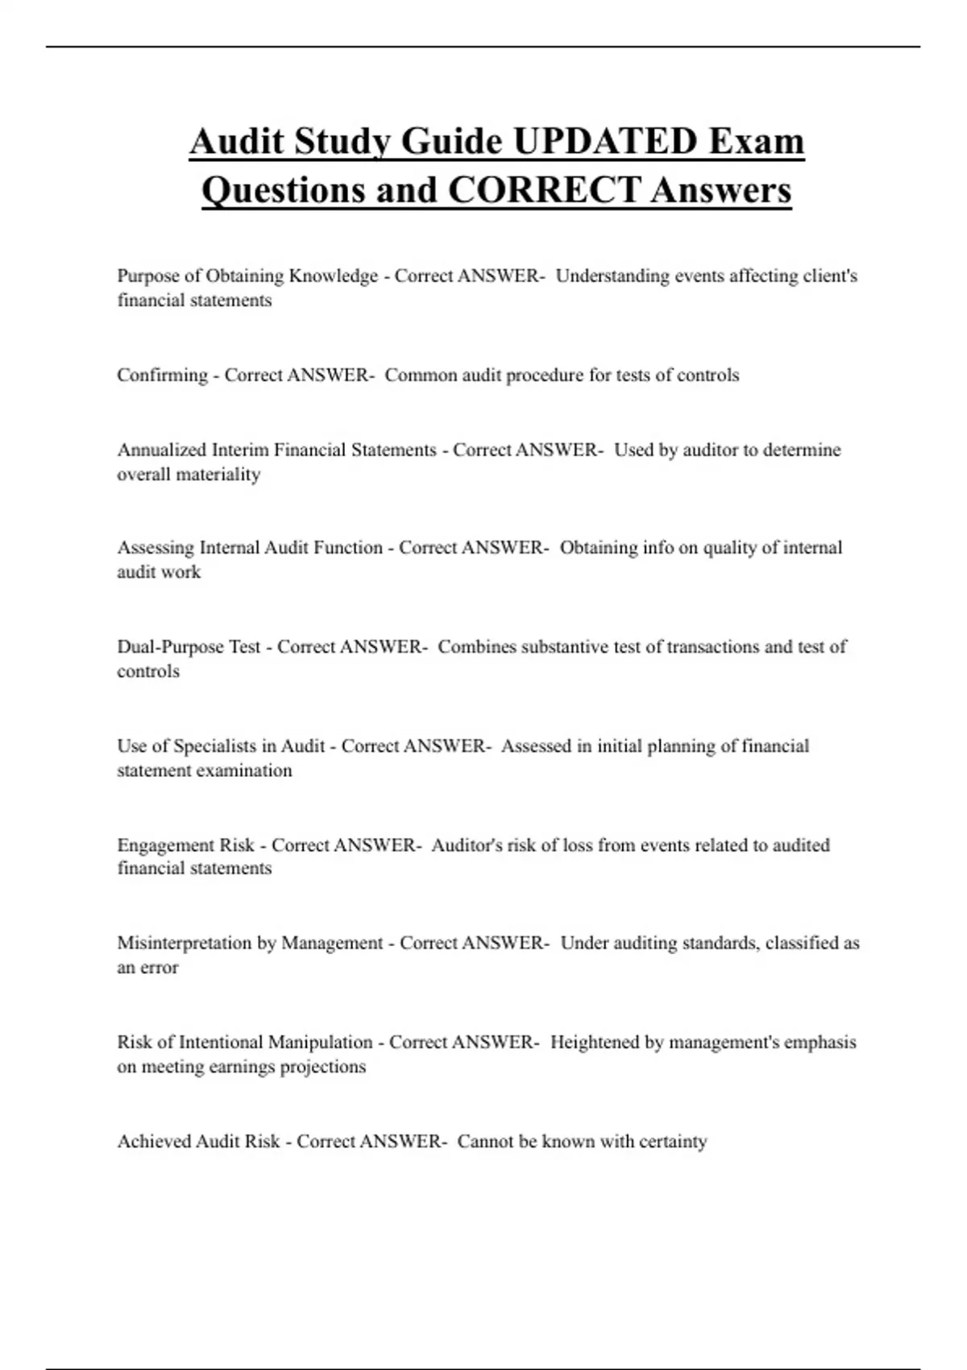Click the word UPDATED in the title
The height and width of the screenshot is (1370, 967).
pyautogui.click(x=604, y=142)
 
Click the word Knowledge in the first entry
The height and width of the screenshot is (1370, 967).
pyautogui.click(x=334, y=276)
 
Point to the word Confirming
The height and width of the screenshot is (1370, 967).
pyautogui.click(x=162, y=376)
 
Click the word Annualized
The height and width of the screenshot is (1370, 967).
pyautogui.click(x=161, y=450)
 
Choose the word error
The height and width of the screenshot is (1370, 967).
pyautogui.click(x=159, y=968)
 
